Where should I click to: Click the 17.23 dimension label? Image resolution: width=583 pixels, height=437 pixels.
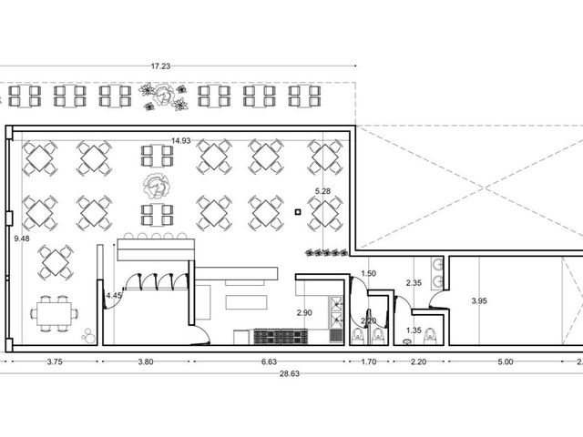coord(160,66)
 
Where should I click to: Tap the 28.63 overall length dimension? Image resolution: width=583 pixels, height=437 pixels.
coord(290,374)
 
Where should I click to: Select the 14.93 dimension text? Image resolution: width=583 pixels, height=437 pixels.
coord(181,140)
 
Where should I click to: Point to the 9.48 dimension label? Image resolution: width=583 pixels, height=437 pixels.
coord(22,239)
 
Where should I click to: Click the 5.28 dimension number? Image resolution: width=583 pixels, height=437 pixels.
coord(322,191)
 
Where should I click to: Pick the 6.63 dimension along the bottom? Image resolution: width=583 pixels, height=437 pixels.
coord(269,361)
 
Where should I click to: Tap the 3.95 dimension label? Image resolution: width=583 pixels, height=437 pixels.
coord(479,300)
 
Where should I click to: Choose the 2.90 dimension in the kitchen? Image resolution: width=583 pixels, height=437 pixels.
coord(304,313)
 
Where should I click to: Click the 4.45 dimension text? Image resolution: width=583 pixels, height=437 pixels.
coord(114,295)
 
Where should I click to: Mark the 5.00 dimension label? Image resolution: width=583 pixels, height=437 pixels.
coord(506,361)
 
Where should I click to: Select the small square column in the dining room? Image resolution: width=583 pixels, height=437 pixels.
coord(298,212)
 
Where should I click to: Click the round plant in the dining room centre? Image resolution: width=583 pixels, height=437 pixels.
coord(157,186)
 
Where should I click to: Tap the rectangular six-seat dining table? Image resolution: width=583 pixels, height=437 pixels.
coord(55,313)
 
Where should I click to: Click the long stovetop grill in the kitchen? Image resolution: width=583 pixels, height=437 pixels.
coord(281,337)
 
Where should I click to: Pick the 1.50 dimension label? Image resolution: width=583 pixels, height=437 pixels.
coord(368,273)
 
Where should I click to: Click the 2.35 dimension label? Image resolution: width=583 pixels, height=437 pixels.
coord(414,283)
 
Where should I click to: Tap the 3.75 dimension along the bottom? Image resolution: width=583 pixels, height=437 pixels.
coord(55,361)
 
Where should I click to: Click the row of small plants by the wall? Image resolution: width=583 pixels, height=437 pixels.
coord(327,253)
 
